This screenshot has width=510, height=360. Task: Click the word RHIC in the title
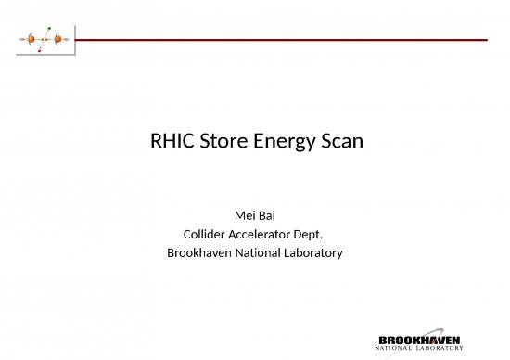pyautogui.click(x=171, y=143)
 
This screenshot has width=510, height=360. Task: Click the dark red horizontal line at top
pyautogui.click(x=278, y=40)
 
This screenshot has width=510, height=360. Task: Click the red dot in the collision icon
pyautogui.click(x=40, y=51)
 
